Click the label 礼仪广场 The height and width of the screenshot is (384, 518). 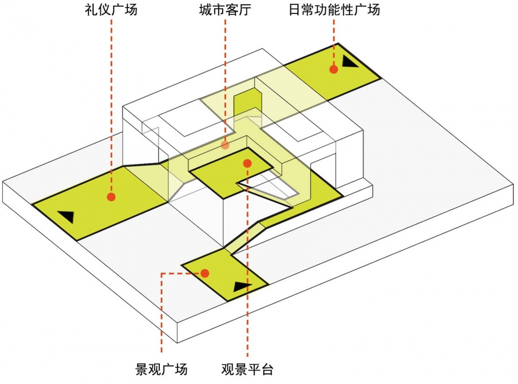[111, 10]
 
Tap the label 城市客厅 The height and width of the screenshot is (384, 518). [225, 10]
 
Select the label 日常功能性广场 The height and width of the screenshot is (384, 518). [334, 10]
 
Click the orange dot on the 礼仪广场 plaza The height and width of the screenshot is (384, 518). [111, 197]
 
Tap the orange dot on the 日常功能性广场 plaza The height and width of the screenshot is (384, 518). [334, 69]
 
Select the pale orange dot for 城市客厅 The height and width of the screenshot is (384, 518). [226, 145]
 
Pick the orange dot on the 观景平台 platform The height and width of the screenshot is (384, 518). [247, 163]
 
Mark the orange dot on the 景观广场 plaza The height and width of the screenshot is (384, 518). [205, 273]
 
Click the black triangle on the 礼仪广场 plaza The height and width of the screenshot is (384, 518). [66, 217]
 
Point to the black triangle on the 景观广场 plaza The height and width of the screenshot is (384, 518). [242, 286]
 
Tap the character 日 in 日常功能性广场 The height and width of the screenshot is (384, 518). [295, 10]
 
